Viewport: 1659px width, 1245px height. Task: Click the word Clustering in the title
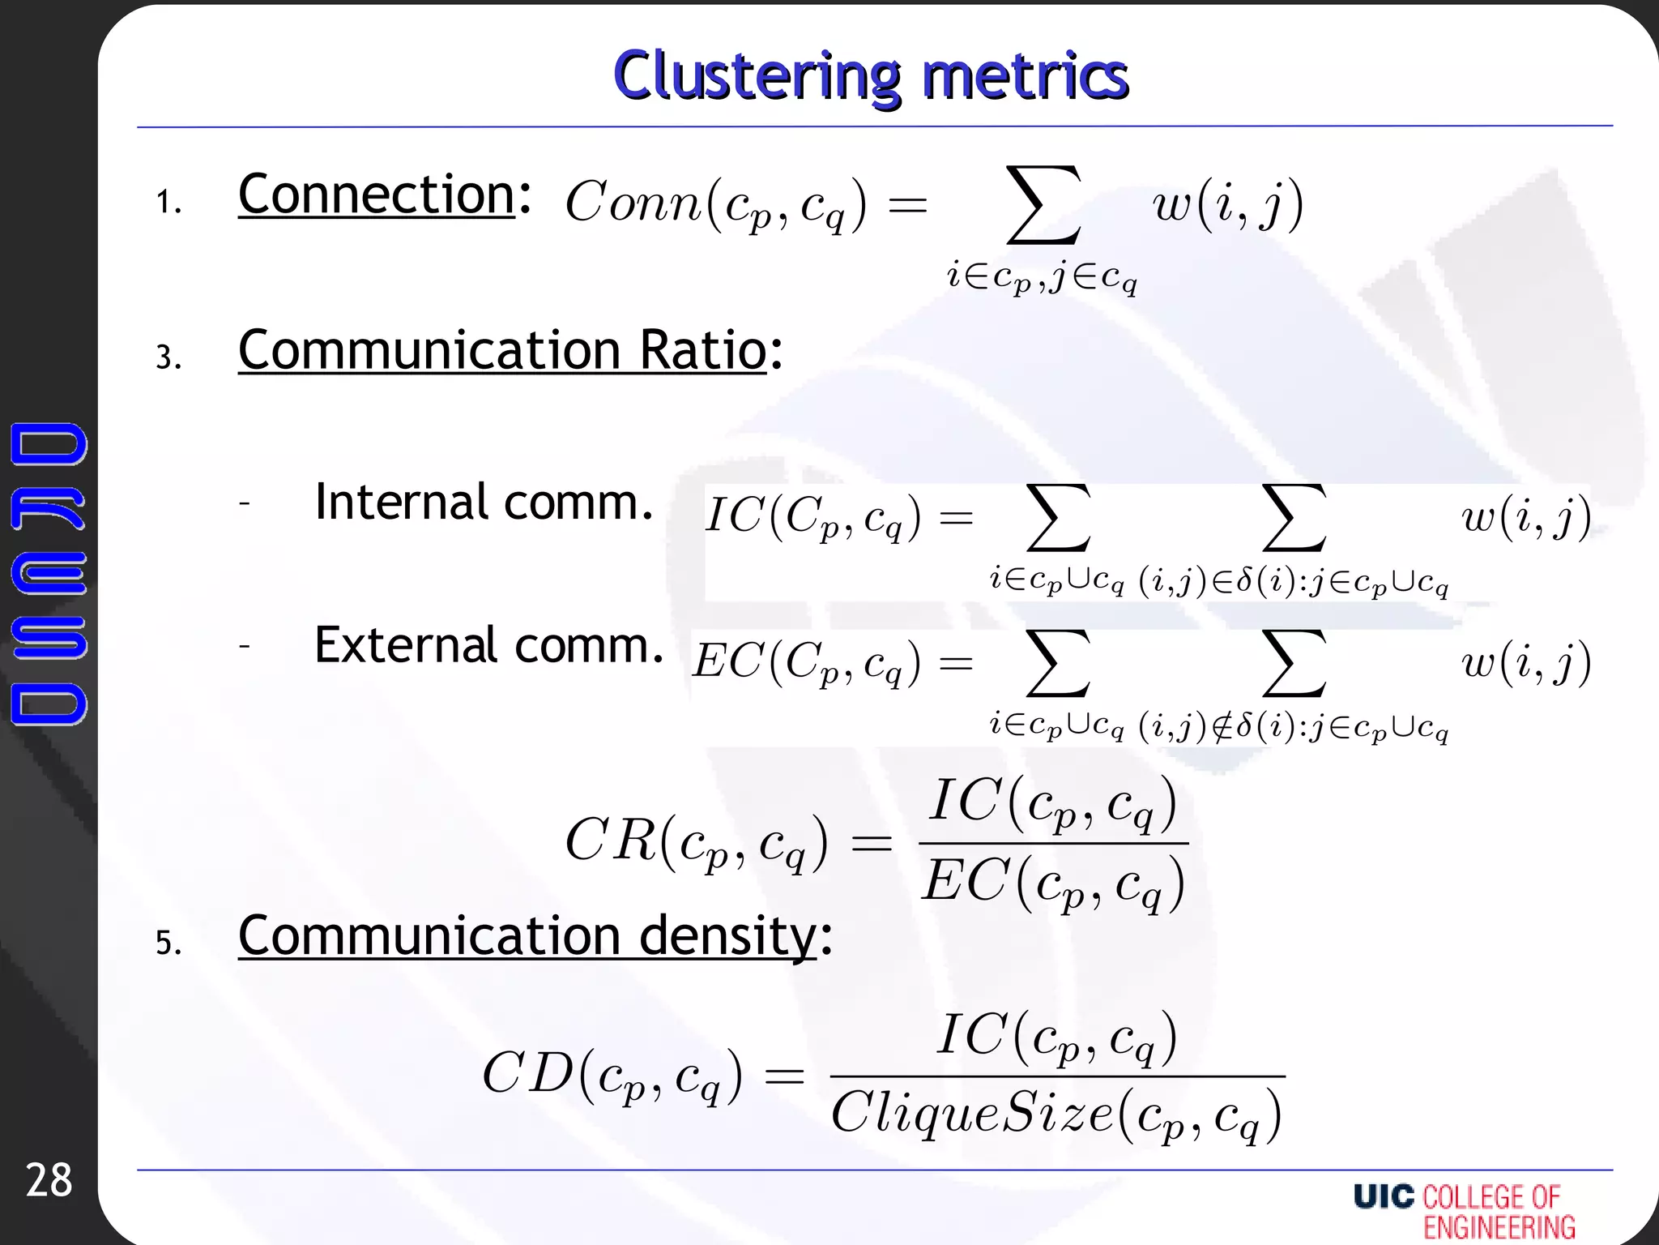(x=757, y=76)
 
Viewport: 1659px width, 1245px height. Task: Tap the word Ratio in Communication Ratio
(x=702, y=350)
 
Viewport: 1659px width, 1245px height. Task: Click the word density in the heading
(x=729, y=936)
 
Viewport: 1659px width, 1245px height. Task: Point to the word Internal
(x=401, y=502)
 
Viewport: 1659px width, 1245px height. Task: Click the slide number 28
(x=49, y=1180)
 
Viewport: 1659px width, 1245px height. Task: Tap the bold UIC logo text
(x=1384, y=1196)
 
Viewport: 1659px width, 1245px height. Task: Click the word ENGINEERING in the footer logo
(x=1499, y=1227)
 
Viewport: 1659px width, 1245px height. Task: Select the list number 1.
(x=168, y=202)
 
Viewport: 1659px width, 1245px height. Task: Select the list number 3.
(x=168, y=357)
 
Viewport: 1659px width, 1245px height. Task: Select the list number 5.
(x=168, y=943)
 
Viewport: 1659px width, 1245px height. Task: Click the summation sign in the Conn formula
(x=1043, y=204)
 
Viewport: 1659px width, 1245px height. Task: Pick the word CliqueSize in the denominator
(x=972, y=1113)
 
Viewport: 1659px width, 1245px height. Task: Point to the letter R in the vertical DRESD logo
(x=49, y=509)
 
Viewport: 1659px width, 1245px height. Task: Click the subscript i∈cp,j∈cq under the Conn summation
(x=1043, y=278)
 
